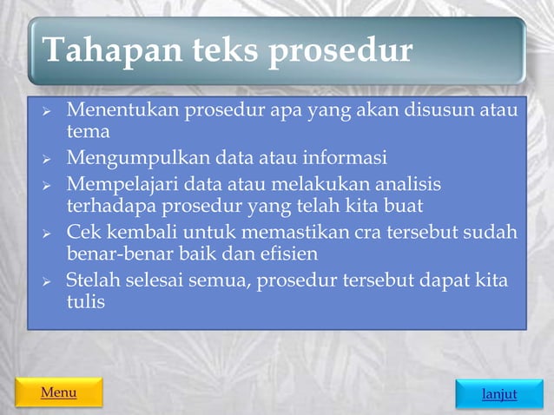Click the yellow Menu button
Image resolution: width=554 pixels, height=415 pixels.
[58, 392]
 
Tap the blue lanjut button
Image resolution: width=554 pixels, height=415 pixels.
[499, 394]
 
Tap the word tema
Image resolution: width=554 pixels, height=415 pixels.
[89, 132]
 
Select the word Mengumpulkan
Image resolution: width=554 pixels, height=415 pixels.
[139, 158]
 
